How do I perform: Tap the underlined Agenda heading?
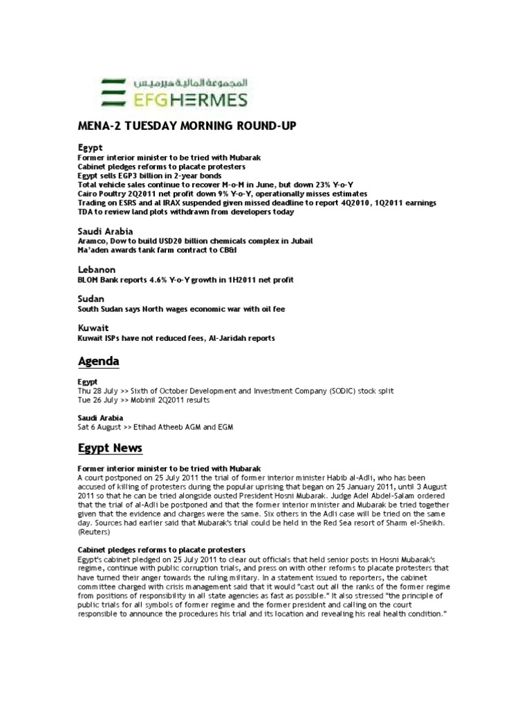coord(97,362)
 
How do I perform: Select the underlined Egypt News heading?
coord(109,449)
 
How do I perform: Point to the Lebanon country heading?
coord(96,268)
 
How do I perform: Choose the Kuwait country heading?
coord(93,327)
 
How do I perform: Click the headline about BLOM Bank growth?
coord(185,279)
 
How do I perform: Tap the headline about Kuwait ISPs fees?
coord(176,338)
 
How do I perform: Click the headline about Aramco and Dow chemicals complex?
coord(194,241)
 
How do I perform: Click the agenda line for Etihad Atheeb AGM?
coord(155,427)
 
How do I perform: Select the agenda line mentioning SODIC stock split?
coord(235,391)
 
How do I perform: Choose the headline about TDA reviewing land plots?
coord(185,212)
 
